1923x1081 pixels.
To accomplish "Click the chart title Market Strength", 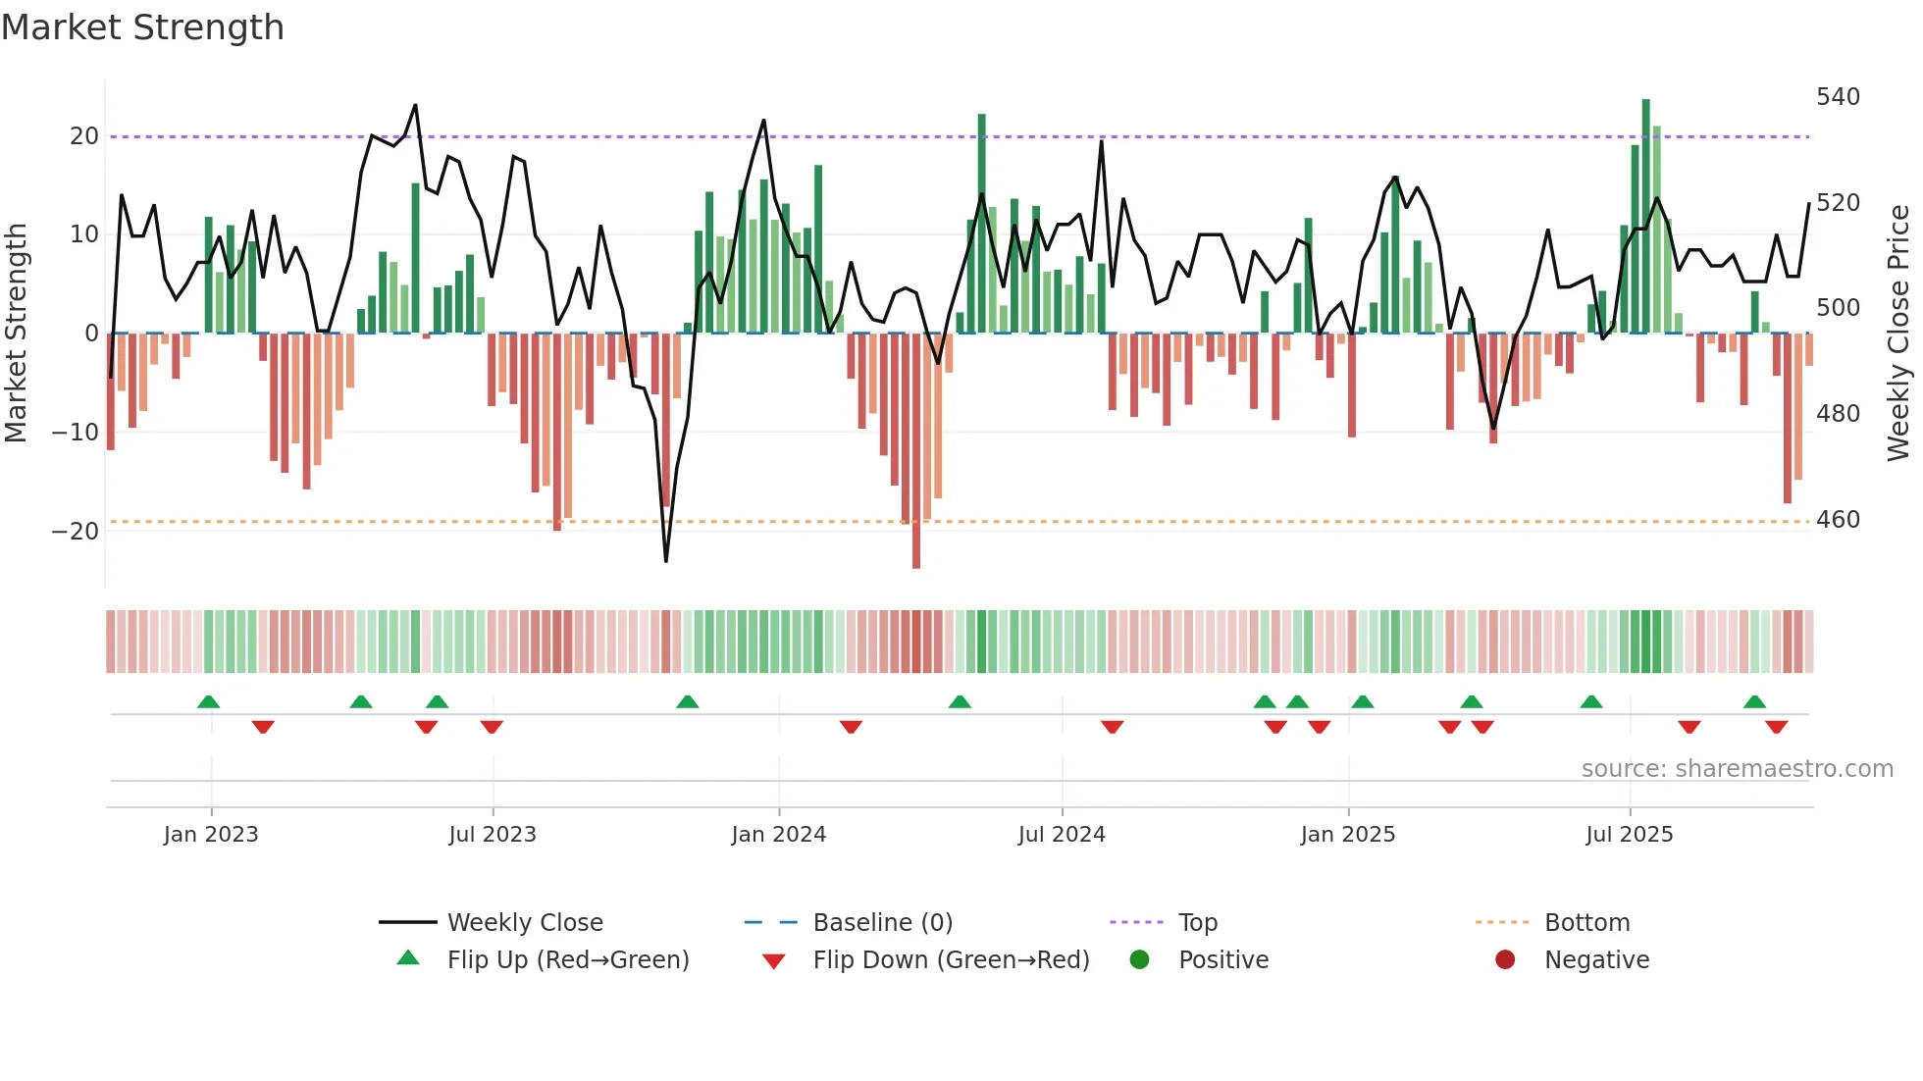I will [142, 27].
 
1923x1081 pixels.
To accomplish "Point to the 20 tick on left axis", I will [84, 136].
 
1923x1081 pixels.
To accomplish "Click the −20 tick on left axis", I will [77, 532].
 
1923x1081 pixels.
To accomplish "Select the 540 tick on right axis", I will [1838, 97].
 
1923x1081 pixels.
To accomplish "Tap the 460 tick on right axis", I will [1838, 520].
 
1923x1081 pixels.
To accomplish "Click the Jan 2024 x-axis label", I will [779, 835].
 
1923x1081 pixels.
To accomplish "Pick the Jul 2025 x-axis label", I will [1630, 835].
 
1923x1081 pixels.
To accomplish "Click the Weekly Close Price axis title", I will [1898, 334].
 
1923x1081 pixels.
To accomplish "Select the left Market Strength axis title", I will [17, 334].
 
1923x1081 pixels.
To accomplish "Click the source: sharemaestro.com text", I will [1737, 769].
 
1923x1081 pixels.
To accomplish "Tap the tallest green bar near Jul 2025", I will [1646, 216].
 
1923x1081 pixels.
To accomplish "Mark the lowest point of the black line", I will [666, 561].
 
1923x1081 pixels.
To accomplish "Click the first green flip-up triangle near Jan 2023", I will [208, 701].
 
